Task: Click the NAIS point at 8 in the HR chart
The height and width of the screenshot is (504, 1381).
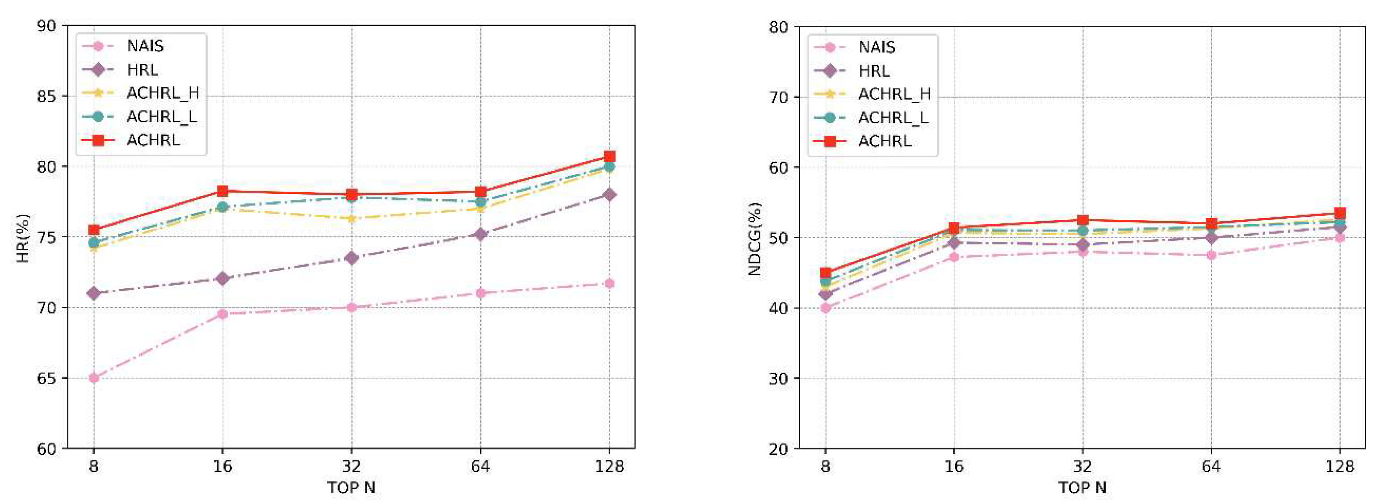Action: (x=94, y=378)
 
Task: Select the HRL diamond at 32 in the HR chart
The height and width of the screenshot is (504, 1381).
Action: (x=352, y=258)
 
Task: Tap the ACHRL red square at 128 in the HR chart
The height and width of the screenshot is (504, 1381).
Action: (x=609, y=156)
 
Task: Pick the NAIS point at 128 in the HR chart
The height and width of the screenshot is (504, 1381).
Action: (x=609, y=283)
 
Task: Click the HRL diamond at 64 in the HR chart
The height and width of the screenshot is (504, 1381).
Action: (x=480, y=234)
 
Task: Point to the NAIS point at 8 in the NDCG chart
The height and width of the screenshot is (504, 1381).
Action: (x=826, y=308)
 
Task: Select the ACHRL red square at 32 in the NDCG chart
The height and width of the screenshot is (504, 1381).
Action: (x=1083, y=220)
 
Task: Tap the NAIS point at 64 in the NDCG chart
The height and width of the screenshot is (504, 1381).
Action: (x=1211, y=255)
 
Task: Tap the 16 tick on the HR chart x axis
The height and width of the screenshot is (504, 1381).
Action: (x=222, y=466)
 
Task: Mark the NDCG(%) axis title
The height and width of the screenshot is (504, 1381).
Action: (x=754, y=238)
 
